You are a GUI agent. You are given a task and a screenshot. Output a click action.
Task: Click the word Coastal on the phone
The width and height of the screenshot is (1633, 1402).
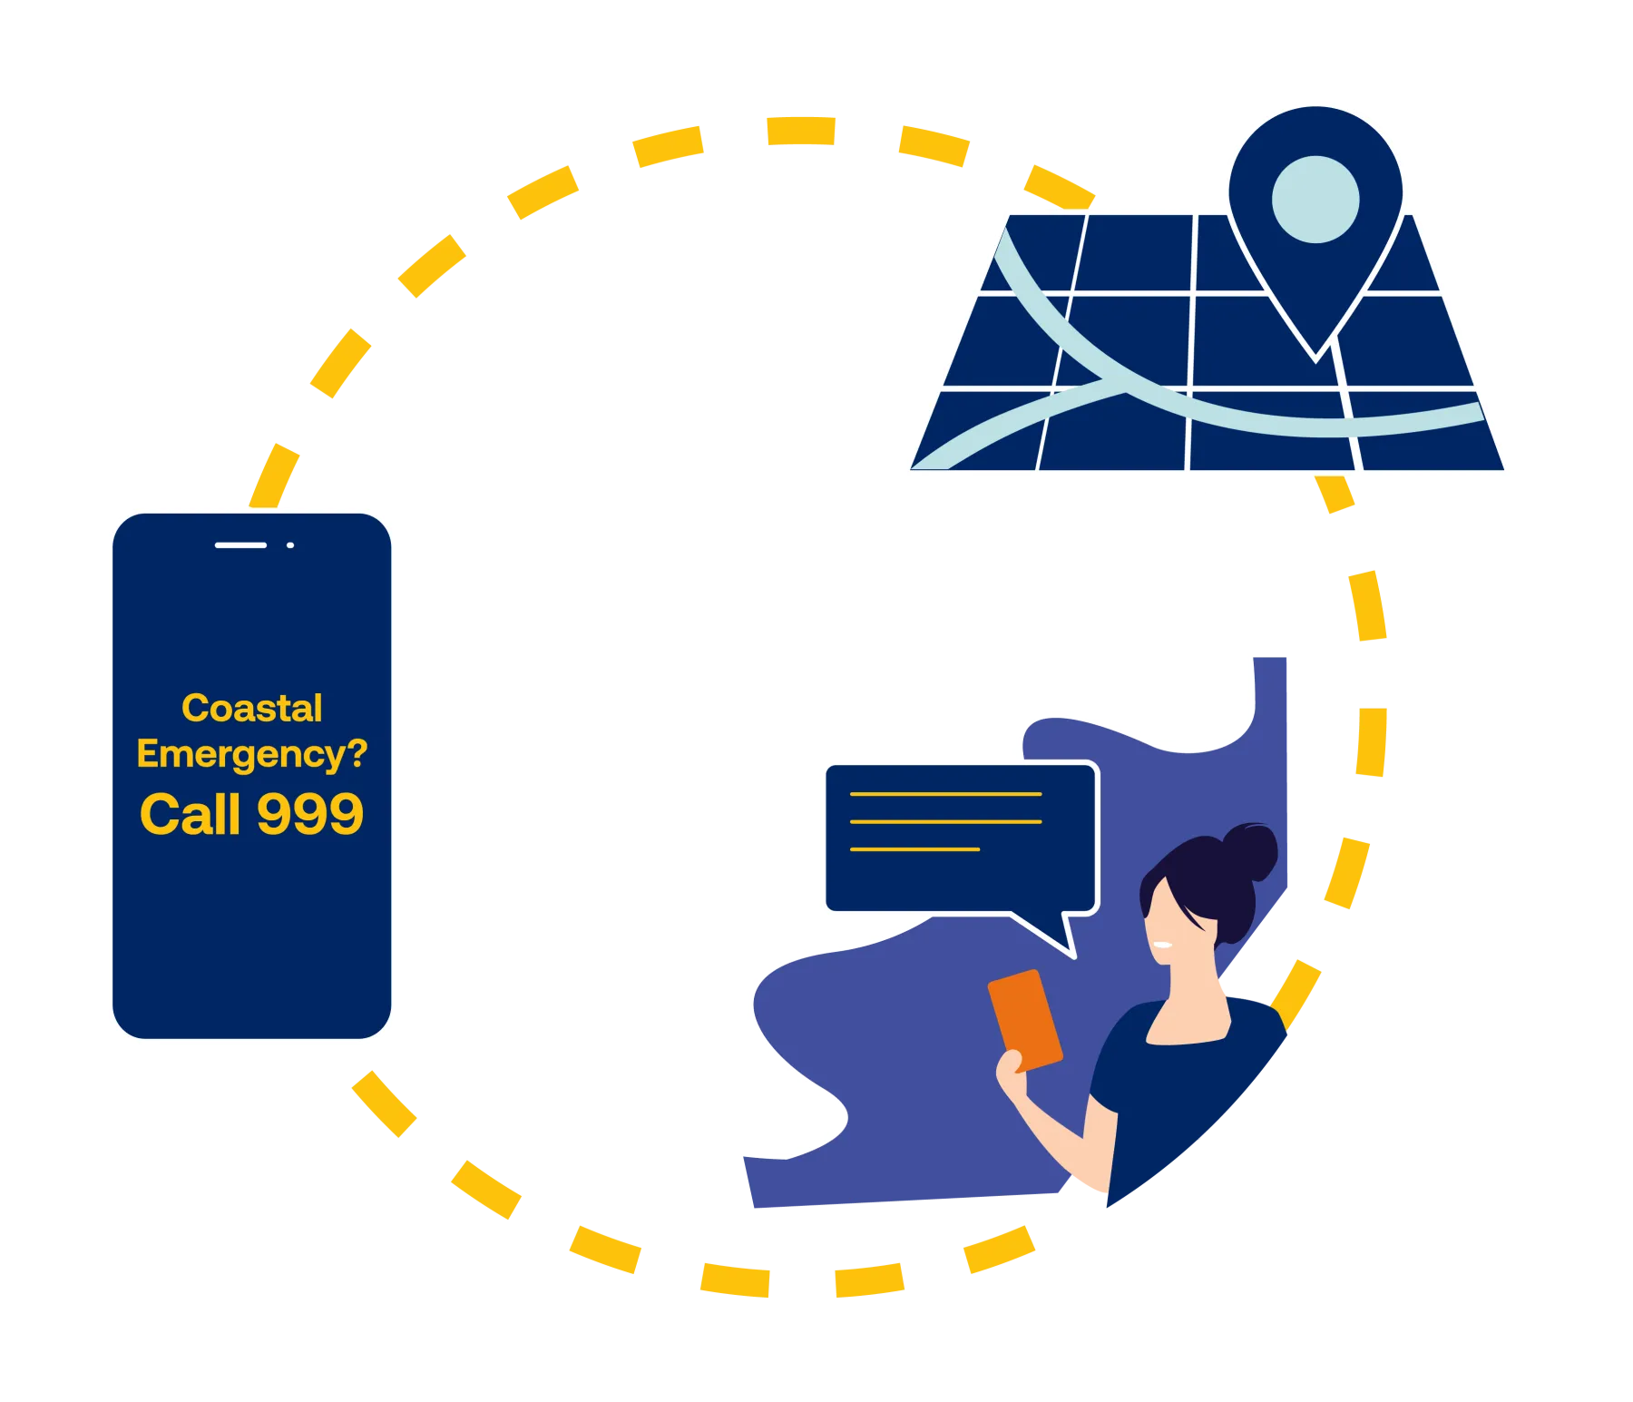252,708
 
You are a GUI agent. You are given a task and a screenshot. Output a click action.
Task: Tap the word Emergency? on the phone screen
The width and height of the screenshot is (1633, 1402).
252,754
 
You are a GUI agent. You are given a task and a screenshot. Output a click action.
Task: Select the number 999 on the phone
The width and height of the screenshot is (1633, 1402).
310,813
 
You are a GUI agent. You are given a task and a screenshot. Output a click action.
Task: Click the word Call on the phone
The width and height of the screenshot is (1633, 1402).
191,813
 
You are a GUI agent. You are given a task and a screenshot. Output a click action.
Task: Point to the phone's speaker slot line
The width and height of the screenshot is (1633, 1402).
240,545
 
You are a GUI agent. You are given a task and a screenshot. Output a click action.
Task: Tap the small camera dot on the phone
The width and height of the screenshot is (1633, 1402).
290,545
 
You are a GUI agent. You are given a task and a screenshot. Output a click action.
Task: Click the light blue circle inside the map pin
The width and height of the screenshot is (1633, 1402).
1315,200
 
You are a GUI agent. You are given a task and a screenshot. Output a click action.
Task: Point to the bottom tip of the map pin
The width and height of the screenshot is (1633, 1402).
1315,362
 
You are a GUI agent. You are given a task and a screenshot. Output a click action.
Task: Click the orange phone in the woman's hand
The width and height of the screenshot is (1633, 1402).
1025,1019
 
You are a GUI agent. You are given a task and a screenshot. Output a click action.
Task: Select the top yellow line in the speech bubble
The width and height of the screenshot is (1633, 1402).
945,794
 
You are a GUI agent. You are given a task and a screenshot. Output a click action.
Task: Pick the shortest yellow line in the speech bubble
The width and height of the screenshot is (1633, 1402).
914,849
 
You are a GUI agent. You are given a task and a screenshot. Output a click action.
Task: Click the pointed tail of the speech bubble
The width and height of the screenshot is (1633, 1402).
1073,956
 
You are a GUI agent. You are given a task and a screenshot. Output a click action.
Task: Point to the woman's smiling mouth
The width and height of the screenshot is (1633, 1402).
1162,945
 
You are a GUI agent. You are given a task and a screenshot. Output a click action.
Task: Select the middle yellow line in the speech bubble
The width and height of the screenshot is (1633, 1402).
945,822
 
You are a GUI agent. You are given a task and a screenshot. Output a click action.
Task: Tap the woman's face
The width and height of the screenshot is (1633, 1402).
1170,921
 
